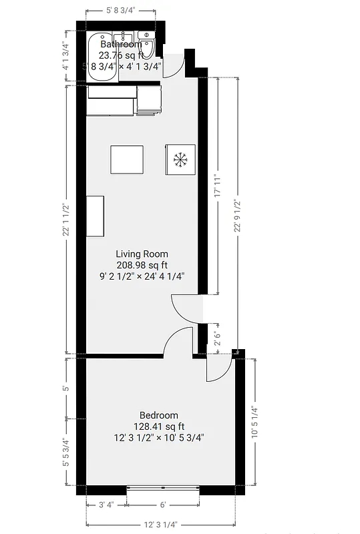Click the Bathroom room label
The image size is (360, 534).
(121, 44)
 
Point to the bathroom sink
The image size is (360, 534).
(124, 39)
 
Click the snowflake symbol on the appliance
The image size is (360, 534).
(180, 160)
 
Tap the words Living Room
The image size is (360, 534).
(142, 254)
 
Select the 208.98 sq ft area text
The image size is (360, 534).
(142, 264)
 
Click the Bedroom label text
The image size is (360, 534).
(159, 415)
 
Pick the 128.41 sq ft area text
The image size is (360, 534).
(159, 427)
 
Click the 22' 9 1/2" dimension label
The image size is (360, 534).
(237, 216)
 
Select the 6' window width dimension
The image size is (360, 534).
(162, 505)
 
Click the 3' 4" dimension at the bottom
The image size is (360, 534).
(106, 505)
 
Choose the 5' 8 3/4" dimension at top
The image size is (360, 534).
(121, 10)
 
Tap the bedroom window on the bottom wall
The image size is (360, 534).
(163, 489)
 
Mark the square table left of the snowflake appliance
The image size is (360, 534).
(127, 160)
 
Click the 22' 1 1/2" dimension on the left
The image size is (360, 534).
(65, 220)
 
